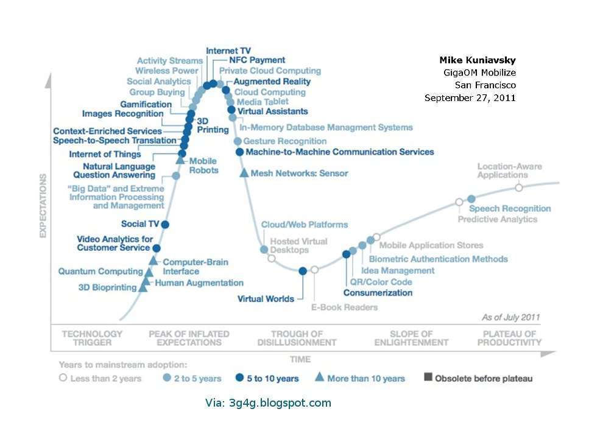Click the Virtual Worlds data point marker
(x=303, y=271)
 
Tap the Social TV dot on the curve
(x=164, y=224)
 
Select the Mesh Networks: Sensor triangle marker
(x=244, y=173)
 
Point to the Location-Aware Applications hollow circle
(x=519, y=187)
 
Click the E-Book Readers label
(x=344, y=307)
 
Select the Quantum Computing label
(x=101, y=272)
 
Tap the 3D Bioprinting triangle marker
(x=143, y=287)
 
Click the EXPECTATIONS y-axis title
(x=43, y=206)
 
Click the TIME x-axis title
(x=300, y=359)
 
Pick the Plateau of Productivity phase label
(x=509, y=338)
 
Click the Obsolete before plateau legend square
(x=428, y=378)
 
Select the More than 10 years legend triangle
(x=319, y=377)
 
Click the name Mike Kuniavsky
(x=477, y=60)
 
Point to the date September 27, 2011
(x=470, y=97)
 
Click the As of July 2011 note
(x=510, y=317)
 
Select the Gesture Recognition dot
(x=238, y=141)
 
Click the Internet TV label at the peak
(x=228, y=51)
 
